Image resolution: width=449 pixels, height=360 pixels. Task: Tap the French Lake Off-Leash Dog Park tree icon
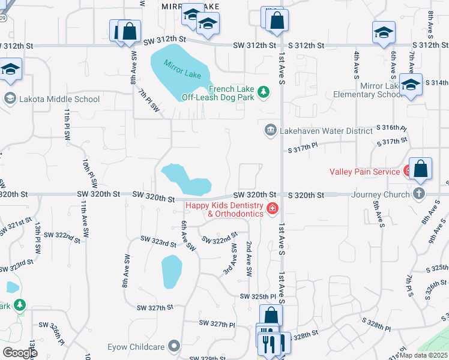263,92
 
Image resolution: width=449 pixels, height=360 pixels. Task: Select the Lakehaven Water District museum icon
271,130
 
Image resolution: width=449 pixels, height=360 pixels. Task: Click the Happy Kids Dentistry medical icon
272,209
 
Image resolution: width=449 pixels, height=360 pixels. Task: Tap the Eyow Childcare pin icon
175,346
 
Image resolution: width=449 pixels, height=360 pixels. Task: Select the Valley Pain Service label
364,172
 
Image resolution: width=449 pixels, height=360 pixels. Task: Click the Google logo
20,353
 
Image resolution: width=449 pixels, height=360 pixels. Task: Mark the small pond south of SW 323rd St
171,271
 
